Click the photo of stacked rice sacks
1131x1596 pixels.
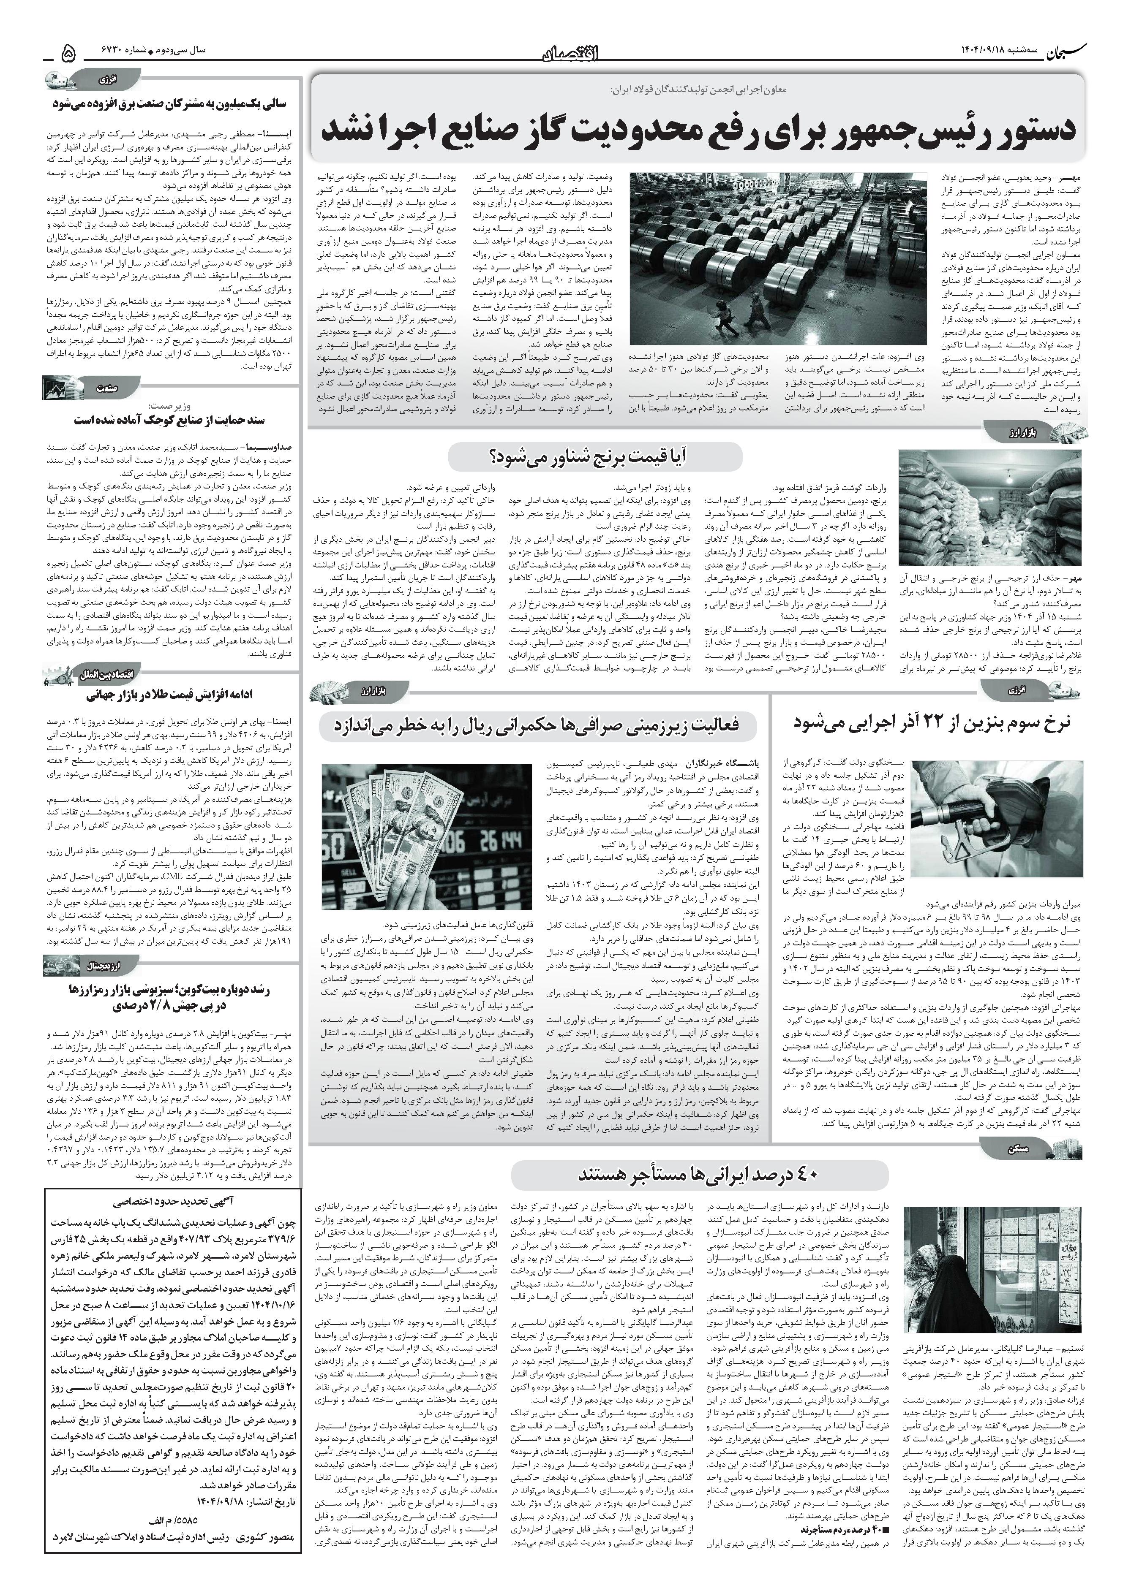(990, 509)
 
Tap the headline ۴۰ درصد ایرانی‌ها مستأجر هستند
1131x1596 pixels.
(698, 1175)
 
